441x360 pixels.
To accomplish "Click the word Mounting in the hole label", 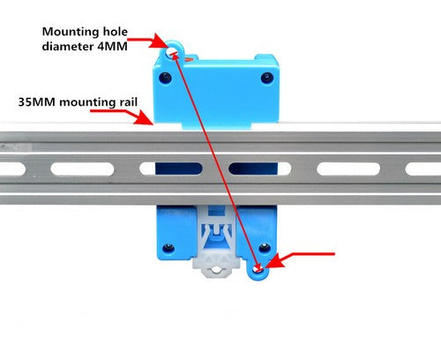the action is click(x=71, y=33).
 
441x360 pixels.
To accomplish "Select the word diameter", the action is click(x=67, y=46).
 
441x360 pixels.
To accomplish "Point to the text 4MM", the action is click(x=112, y=47).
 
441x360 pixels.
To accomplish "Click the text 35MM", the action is click(x=37, y=102).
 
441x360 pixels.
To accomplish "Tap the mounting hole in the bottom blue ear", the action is click(x=258, y=268).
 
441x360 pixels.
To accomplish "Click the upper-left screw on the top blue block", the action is click(x=165, y=78).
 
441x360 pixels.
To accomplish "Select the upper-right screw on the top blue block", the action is click(x=267, y=78).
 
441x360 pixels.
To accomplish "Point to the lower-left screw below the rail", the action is click(x=168, y=248).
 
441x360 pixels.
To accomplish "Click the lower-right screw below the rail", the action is click(x=265, y=248).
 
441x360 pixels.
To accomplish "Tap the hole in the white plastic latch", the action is click(x=217, y=269).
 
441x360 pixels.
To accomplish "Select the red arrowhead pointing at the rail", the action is click(x=145, y=118).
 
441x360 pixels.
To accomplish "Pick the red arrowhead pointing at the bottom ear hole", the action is click(x=273, y=261).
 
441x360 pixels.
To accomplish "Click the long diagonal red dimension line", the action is click(x=216, y=161).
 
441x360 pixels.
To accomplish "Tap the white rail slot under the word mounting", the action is click(x=82, y=169).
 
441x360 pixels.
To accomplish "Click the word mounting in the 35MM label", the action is click(x=87, y=102).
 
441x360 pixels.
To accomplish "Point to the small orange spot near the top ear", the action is click(x=189, y=59).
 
